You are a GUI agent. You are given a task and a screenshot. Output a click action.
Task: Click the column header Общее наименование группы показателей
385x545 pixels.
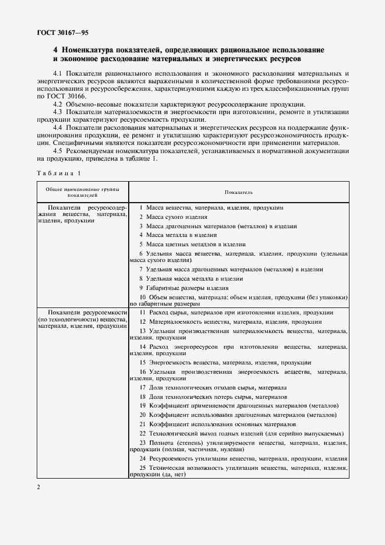tap(82, 192)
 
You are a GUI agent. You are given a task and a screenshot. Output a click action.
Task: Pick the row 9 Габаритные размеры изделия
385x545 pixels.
tap(183, 288)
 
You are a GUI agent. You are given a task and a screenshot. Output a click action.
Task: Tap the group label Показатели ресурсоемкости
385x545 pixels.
tap(82, 312)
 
